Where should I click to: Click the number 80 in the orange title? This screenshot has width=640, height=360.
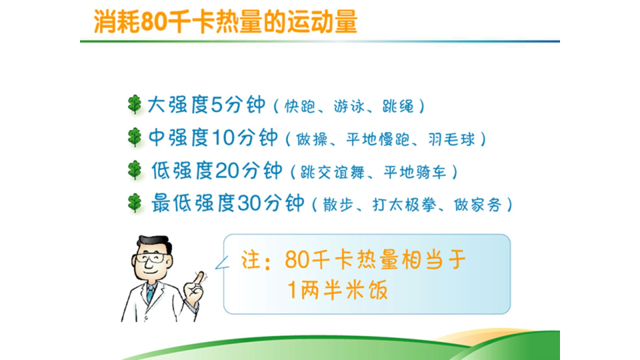pyautogui.click(x=154, y=21)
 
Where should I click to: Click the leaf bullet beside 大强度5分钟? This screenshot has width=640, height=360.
pyautogui.click(x=134, y=105)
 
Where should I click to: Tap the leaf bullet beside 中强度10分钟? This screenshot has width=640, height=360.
pyautogui.click(x=134, y=137)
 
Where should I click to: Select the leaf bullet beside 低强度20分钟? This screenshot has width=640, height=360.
pyautogui.click(x=134, y=170)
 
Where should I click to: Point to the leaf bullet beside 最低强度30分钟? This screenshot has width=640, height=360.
pyautogui.click(x=134, y=203)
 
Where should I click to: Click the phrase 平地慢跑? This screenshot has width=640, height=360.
pyautogui.click(x=378, y=139)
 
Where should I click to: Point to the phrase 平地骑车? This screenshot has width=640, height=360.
pyautogui.click(x=415, y=172)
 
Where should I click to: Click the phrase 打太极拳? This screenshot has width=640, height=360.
pyautogui.click(x=404, y=205)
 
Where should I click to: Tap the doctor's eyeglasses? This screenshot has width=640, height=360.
pyautogui.click(x=151, y=258)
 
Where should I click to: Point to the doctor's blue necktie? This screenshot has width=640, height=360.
pyautogui.click(x=151, y=293)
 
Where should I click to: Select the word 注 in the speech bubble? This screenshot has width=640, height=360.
pyautogui.click(x=251, y=260)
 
